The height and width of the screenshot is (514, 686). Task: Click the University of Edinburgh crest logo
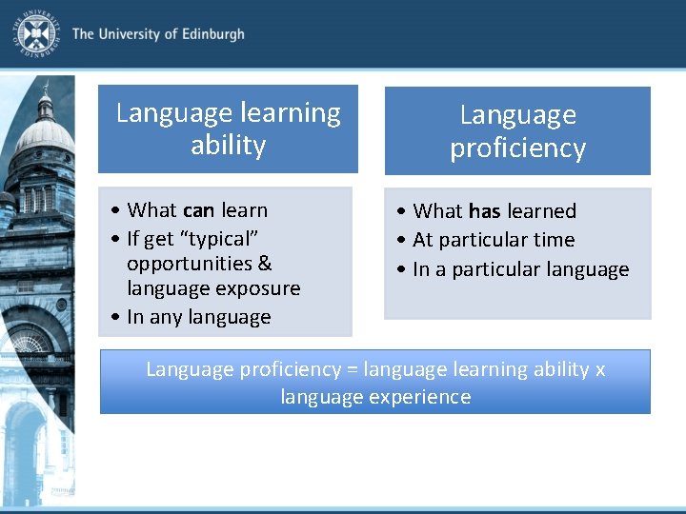(x=36, y=34)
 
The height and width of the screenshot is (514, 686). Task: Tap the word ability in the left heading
(x=228, y=145)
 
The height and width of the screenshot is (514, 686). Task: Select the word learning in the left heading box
(x=291, y=112)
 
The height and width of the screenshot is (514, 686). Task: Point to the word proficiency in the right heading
(x=517, y=148)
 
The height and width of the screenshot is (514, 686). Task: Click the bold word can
(x=198, y=210)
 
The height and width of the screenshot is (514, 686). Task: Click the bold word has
(x=484, y=211)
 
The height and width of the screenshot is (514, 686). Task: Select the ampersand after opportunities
(x=265, y=263)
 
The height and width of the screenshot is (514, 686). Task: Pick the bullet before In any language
(x=115, y=316)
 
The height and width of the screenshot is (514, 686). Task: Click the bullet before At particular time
(x=401, y=240)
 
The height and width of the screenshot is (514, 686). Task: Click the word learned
(x=541, y=211)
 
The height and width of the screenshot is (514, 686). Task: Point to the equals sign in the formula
(x=353, y=369)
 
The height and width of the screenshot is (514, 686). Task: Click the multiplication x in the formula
(x=600, y=370)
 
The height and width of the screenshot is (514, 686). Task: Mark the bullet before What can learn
(x=115, y=210)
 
